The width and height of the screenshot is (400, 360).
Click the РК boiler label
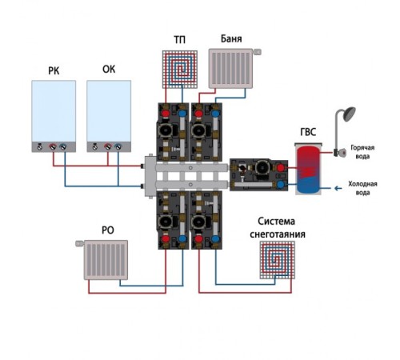click(54, 71)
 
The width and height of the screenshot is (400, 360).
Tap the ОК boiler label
click(109, 69)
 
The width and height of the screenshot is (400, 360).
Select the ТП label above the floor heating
click(180, 40)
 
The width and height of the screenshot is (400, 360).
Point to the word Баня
click(231, 38)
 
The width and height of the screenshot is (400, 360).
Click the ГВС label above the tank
click(308, 132)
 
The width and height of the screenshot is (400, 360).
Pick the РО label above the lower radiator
click(108, 230)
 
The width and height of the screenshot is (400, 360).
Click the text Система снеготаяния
click(278, 227)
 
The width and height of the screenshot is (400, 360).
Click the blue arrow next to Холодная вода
click(338, 188)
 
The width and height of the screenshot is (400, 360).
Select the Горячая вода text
click(362, 152)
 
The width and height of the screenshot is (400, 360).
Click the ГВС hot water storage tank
click(308, 169)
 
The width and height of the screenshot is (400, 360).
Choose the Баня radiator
click(230, 68)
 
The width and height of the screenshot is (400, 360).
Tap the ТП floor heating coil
click(180, 70)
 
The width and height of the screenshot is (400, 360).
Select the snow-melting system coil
click(278, 260)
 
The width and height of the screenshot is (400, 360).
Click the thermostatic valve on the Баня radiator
click(257, 52)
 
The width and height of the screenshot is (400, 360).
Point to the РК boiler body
click(54, 116)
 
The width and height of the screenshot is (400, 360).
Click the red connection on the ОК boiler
click(108, 146)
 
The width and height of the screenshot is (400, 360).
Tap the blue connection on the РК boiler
click(63, 146)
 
